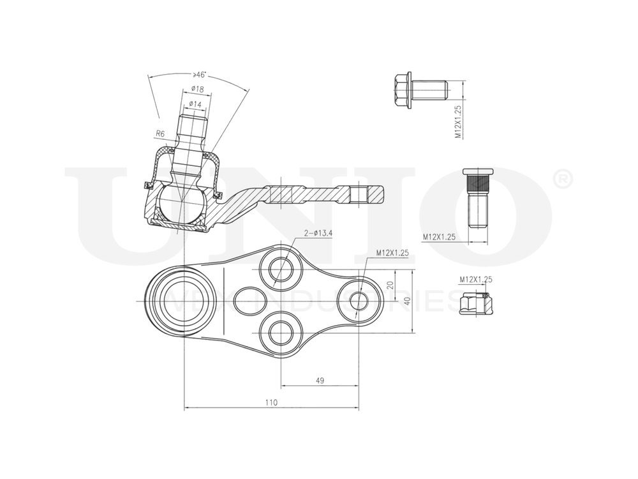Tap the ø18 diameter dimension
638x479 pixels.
coord(197,90)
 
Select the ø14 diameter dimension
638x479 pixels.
coord(195,103)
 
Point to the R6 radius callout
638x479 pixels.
coord(160,134)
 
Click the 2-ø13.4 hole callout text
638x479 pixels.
coord(318,234)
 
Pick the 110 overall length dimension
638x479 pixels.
coord(271,402)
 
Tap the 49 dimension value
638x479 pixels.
coord(320,381)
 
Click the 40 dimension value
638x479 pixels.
coord(407,301)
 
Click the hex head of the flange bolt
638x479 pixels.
coord(401,90)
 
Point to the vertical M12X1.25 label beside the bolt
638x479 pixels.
coord(457,123)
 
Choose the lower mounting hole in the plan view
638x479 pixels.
coord(281,331)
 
